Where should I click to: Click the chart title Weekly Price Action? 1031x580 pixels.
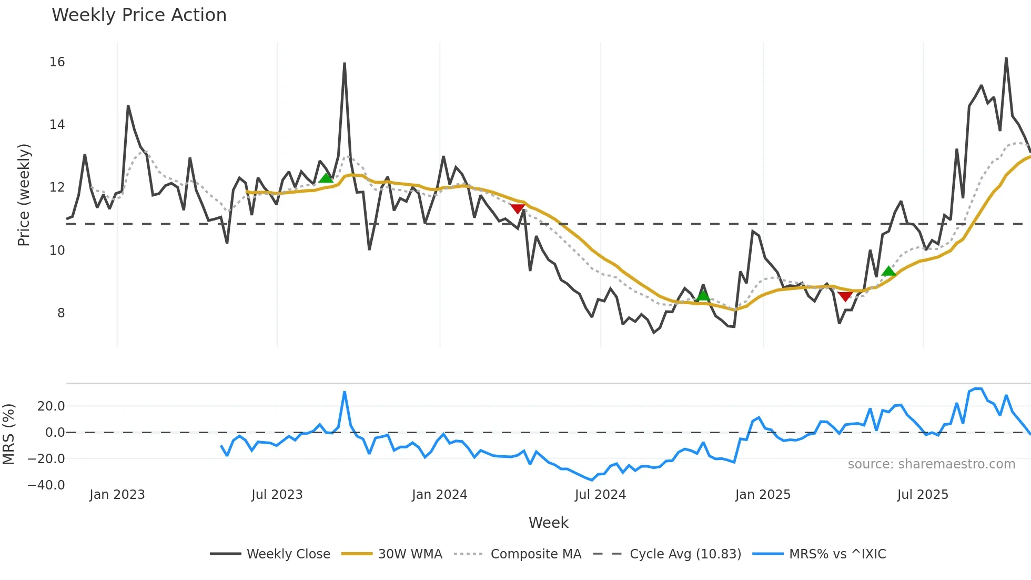[139, 15]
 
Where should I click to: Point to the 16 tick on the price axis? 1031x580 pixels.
[57, 62]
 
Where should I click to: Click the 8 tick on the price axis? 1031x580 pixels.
[61, 313]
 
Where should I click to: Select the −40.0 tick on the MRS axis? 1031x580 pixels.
[46, 485]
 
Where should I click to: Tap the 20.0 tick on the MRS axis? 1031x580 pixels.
[51, 406]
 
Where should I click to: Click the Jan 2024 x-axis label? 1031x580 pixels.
[439, 495]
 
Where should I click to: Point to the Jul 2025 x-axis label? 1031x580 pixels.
[923, 495]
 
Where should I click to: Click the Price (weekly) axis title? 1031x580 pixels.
[24, 195]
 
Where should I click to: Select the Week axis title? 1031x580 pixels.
[548, 523]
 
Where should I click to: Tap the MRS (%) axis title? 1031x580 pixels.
[8, 434]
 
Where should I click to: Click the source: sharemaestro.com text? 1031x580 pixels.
[931, 464]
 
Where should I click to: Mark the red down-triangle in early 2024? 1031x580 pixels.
[518, 209]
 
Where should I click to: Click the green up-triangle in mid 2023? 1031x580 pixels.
[326, 178]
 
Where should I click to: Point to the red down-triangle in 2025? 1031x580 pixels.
[845, 297]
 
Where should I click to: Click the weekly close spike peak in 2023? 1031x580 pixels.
[345, 64]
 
